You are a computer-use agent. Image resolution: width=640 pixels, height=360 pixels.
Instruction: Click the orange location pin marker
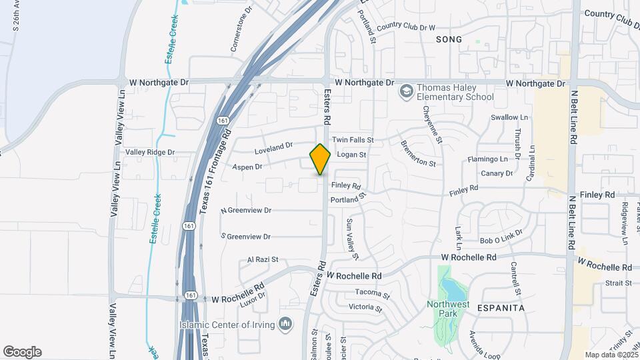pos(320,159)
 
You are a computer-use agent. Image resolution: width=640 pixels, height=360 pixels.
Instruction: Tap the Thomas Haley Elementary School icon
pos(405,91)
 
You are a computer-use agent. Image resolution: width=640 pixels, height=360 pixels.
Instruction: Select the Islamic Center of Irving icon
pos(287,324)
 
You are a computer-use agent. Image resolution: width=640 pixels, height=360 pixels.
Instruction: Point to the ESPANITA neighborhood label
pos(501,308)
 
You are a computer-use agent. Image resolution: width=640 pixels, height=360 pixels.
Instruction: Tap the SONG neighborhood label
pos(449,39)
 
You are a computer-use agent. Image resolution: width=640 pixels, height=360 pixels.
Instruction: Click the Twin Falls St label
pos(353,140)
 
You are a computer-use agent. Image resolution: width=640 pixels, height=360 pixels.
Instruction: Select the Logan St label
pos(352,155)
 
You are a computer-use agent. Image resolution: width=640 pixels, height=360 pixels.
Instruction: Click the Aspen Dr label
pos(247,167)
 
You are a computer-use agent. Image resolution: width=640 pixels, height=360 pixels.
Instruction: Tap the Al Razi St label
pos(262,259)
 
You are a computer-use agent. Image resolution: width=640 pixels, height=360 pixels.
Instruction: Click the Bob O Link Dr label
pos(501,240)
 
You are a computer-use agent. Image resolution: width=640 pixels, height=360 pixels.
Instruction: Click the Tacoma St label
pos(372,293)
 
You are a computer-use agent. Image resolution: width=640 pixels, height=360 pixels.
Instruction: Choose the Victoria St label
pos(365,308)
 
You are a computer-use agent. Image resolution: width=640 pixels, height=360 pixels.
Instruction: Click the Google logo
pos(22,352)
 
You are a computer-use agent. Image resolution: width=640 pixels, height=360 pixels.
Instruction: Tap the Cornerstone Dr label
pos(242,29)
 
